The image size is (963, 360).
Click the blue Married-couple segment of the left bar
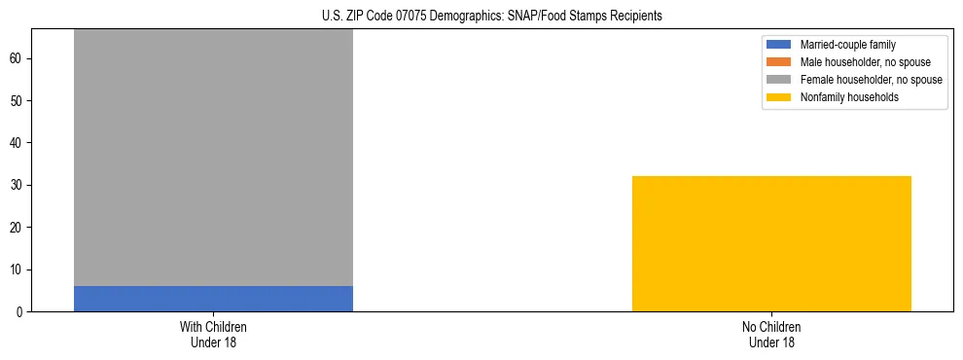tap(213, 299)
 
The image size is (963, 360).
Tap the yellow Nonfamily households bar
tap(771, 243)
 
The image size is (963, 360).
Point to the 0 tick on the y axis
tap(20, 312)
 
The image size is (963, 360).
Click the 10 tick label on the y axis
tap(18, 270)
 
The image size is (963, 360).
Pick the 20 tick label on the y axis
tap(18, 228)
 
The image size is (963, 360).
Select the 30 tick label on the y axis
tap(18, 185)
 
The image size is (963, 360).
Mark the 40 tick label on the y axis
tap(18, 143)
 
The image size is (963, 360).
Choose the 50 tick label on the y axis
tap(18, 101)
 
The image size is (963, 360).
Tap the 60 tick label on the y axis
tap(18, 58)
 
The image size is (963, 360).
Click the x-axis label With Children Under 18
tap(213, 334)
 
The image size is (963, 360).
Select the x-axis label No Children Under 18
tap(771, 334)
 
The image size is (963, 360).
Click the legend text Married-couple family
tap(847, 45)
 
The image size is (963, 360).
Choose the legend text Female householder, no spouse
tap(871, 80)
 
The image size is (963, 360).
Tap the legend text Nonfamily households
tap(849, 97)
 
